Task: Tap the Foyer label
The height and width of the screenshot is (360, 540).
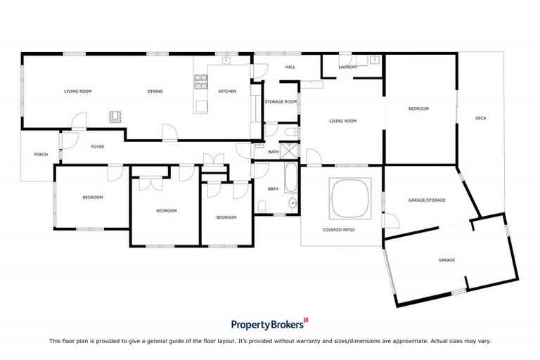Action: (97, 147)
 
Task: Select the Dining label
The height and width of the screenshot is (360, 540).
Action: (155, 91)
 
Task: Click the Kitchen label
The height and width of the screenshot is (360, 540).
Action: (227, 91)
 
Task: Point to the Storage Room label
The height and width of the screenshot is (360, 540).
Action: (281, 102)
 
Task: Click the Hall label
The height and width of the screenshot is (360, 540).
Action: (290, 67)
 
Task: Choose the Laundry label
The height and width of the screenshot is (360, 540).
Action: (348, 67)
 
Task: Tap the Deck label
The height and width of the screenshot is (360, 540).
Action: (481, 118)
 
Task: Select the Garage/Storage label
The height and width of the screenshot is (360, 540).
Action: (427, 200)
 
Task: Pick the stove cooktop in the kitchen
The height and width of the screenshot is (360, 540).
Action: (200, 82)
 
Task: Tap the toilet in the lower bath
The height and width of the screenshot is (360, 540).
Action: (262, 205)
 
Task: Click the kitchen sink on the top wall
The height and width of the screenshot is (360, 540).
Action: (227, 60)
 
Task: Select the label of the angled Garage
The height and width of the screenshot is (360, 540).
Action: (446, 260)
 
